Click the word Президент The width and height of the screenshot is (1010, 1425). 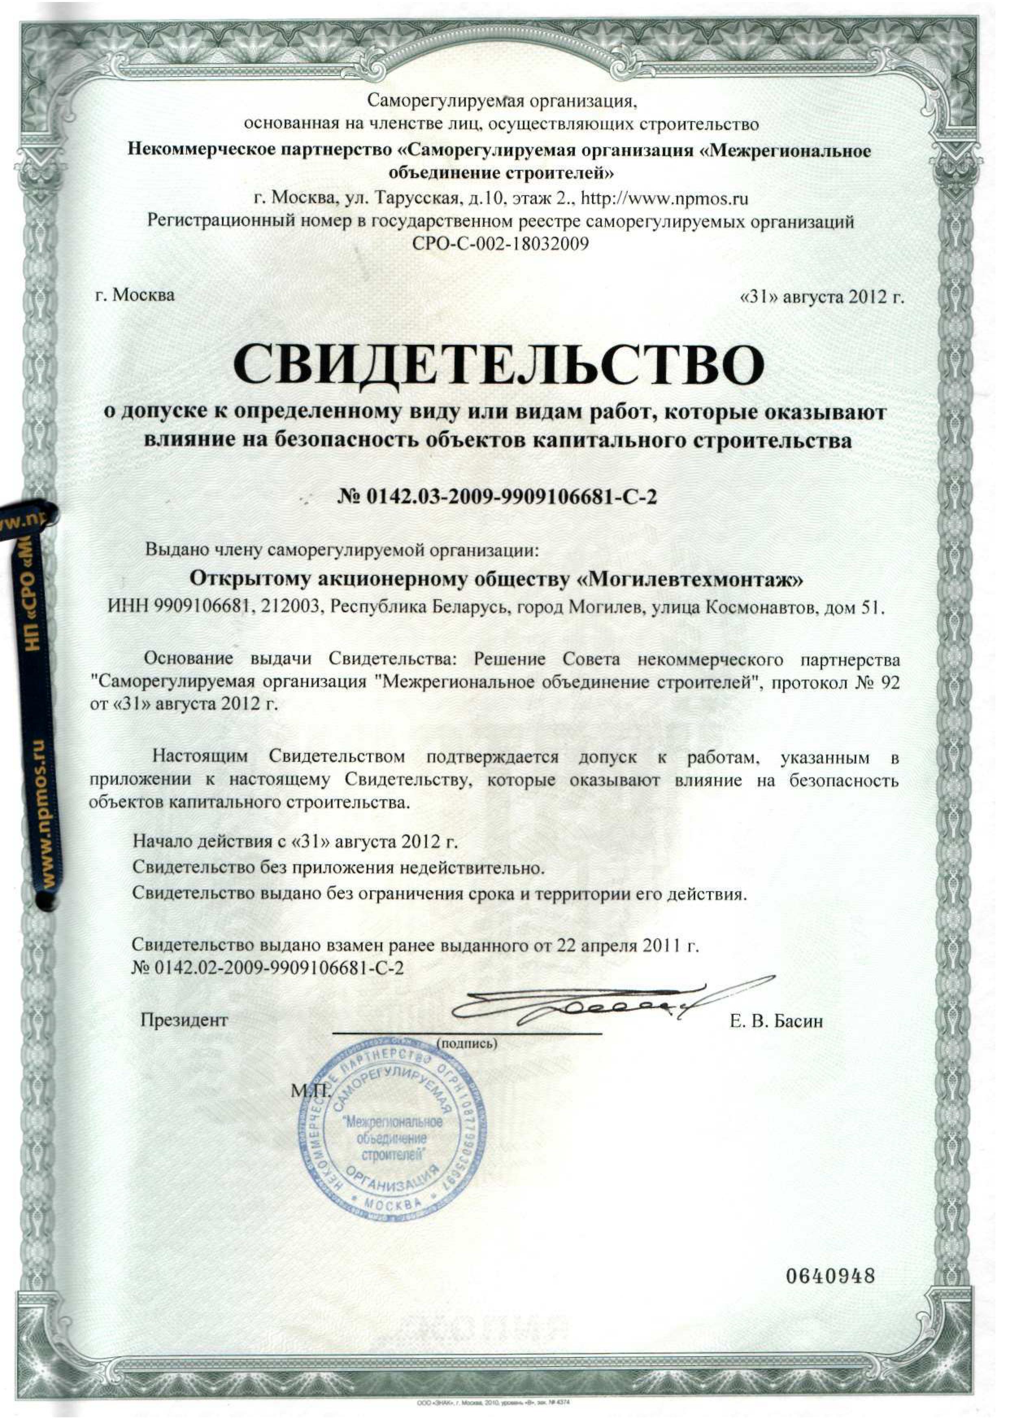[x=184, y=1020]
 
